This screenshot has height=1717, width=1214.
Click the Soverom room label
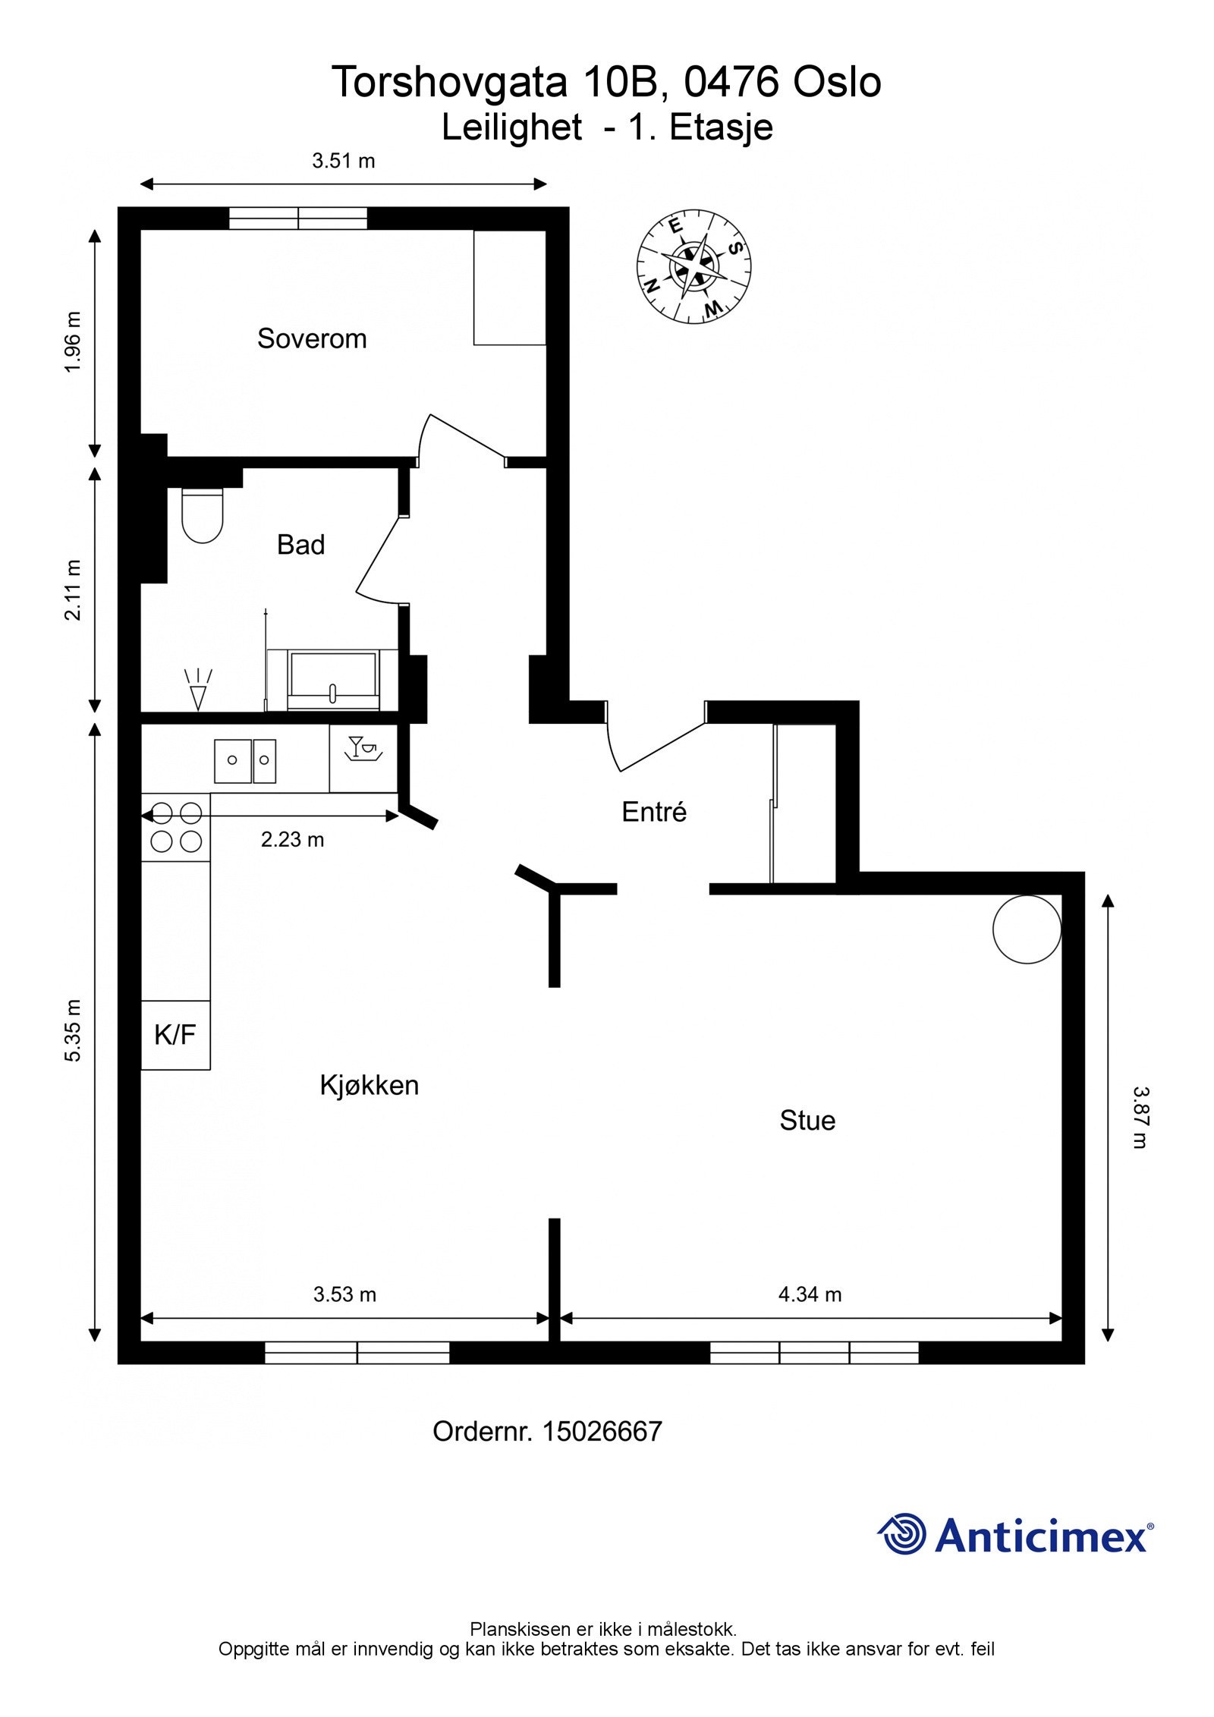click(x=312, y=338)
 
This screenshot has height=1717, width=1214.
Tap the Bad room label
click(x=300, y=545)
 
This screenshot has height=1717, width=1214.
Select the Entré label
click(x=654, y=812)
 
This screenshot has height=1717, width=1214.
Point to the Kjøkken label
click(x=370, y=1086)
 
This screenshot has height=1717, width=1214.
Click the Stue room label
click(x=807, y=1121)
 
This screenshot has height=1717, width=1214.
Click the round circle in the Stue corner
click(x=1027, y=929)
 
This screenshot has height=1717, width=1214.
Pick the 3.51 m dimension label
click(x=344, y=161)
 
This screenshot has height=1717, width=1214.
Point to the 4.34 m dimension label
click(x=810, y=1294)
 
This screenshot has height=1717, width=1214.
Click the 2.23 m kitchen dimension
click(x=293, y=839)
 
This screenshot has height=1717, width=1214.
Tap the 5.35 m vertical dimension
click(x=73, y=1030)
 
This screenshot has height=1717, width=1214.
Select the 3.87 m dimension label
click(x=1140, y=1118)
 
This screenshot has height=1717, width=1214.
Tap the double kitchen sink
click(x=245, y=761)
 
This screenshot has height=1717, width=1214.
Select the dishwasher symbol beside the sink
click(x=363, y=748)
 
